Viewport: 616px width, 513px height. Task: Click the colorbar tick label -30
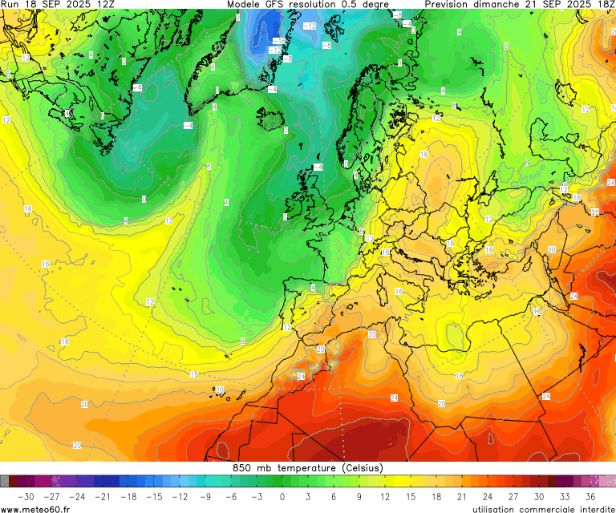[25, 497]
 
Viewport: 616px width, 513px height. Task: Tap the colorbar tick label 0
[282, 497]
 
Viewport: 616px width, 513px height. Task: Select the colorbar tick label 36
[590, 497]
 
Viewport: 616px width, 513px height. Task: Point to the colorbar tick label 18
[436, 497]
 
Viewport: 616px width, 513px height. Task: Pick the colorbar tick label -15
[153, 497]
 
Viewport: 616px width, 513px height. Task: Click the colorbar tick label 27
[513, 497]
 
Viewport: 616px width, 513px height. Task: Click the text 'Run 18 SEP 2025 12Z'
[58, 5]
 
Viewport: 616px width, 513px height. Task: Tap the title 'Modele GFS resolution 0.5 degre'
[308, 5]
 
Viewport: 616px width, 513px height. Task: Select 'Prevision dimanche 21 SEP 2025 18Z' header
[520, 5]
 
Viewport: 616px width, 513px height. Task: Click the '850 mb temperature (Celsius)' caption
[308, 468]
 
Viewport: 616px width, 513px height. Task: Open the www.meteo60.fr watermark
[36, 509]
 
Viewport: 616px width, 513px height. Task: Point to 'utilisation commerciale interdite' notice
[542, 509]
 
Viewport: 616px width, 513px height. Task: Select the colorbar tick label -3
[256, 497]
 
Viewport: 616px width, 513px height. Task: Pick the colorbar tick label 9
[359, 497]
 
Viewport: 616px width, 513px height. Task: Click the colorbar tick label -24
[76, 497]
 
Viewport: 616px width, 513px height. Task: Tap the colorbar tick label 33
[565, 497]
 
